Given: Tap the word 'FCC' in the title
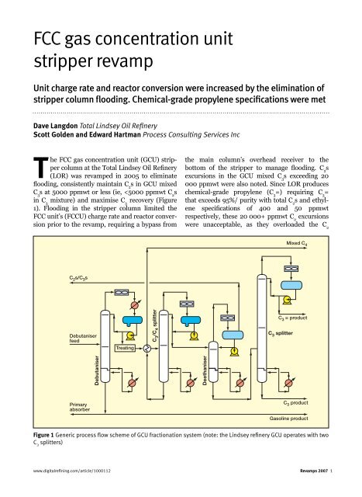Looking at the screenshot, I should point(36,37).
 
